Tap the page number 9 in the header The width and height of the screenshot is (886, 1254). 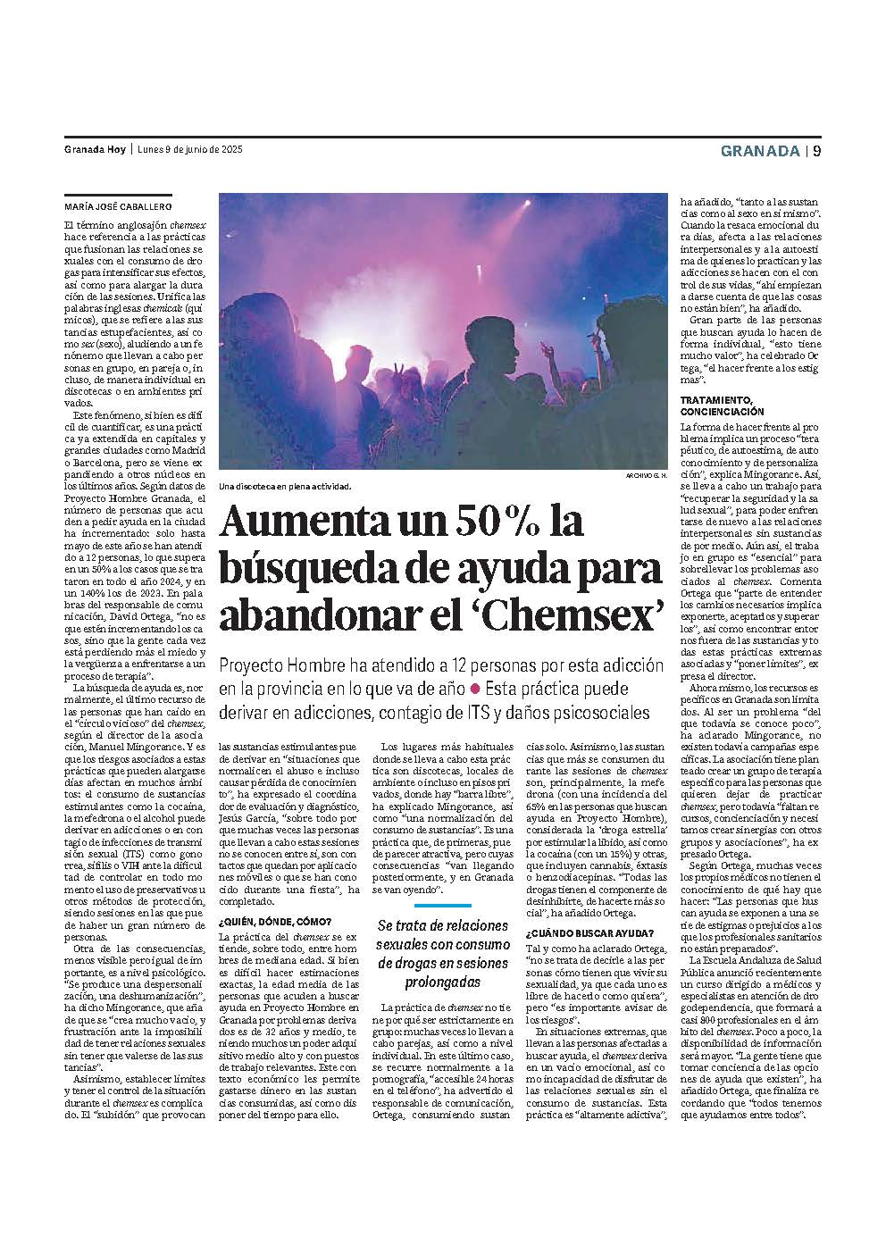[816, 150]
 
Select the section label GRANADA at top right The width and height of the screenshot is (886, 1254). [760, 150]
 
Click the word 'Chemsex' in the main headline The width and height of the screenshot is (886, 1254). [584, 615]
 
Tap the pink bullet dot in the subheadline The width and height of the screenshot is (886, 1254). [475, 689]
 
